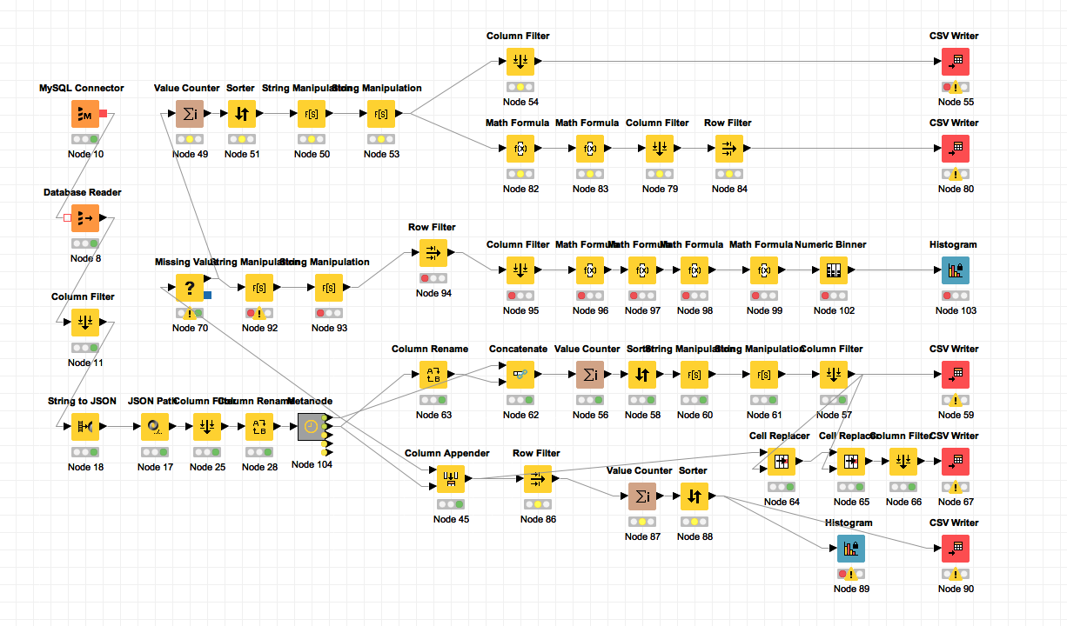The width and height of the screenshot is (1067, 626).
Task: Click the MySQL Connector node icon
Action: (85, 114)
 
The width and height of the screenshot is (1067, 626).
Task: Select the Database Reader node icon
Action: (85, 218)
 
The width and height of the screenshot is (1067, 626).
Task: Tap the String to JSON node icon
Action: (85, 427)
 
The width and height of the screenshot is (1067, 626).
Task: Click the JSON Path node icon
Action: (155, 427)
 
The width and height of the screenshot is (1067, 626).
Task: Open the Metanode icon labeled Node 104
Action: (312, 427)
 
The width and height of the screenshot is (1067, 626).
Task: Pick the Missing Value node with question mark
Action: (190, 288)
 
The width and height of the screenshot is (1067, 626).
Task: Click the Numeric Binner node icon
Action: (834, 270)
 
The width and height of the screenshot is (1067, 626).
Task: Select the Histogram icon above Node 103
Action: (956, 270)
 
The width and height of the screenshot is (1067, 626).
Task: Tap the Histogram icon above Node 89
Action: (851, 549)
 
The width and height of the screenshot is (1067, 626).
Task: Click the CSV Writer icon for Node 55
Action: (956, 62)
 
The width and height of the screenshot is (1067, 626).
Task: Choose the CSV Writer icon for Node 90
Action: (956, 549)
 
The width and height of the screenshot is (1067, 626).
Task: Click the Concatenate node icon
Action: (520, 375)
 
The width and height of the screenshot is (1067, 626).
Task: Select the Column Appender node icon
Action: (451, 479)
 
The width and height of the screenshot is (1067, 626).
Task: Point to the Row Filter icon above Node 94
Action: (433, 253)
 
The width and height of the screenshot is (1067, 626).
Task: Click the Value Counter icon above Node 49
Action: (190, 114)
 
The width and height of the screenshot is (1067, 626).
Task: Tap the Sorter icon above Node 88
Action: (695, 496)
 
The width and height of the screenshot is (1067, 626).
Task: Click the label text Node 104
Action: (312, 464)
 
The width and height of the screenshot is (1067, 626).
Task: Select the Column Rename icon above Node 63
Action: (433, 375)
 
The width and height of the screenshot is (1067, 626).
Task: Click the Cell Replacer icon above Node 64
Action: (782, 462)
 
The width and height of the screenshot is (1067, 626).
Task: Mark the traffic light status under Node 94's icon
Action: (433, 278)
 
